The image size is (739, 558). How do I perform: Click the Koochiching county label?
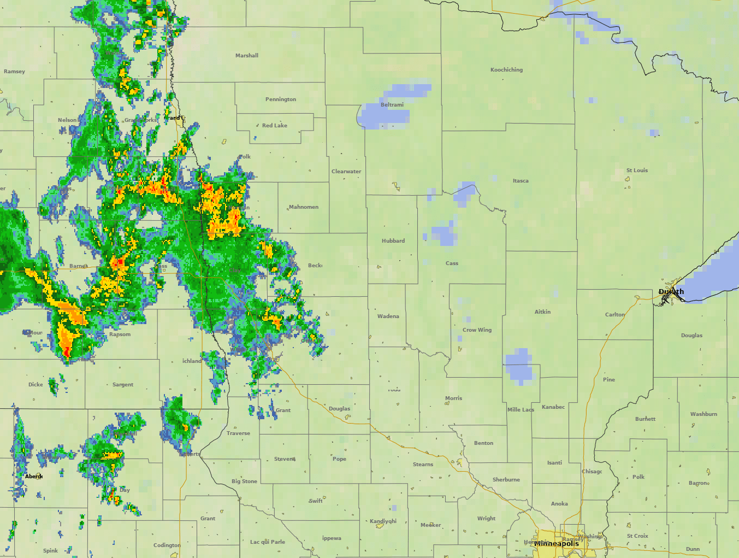[506, 70]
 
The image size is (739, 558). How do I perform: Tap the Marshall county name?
[247, 56]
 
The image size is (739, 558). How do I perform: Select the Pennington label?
[281, 99]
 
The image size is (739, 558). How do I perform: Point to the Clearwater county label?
[346, 172]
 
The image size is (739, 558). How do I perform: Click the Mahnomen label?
[304, 207]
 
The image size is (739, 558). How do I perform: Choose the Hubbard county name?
[393, 241]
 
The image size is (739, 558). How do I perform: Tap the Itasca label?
[521, 181]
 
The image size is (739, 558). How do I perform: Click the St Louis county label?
[637, 171]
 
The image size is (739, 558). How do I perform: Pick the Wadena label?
[388, 316]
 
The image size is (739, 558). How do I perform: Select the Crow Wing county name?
[477, 330]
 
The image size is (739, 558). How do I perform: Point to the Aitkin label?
[542, 312]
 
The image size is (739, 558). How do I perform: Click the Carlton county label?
[615, 315]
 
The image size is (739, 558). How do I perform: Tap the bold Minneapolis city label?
[557, 544]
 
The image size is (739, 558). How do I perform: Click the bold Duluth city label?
[671, 292]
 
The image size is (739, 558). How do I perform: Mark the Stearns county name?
[423, 465]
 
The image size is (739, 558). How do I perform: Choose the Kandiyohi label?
[383, 521]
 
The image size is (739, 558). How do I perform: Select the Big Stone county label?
[244, 481]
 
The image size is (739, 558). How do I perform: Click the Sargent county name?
[123, 385]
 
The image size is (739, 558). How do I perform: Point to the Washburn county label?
[703, 414]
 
